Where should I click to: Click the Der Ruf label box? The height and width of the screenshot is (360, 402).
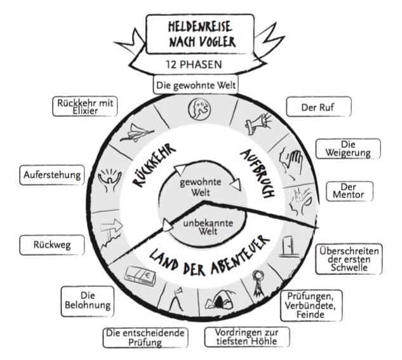318,107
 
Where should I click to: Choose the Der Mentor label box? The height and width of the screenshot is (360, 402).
348,190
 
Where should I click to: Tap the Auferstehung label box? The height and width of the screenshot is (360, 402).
52,173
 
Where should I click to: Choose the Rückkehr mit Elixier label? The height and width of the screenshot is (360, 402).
85,106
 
